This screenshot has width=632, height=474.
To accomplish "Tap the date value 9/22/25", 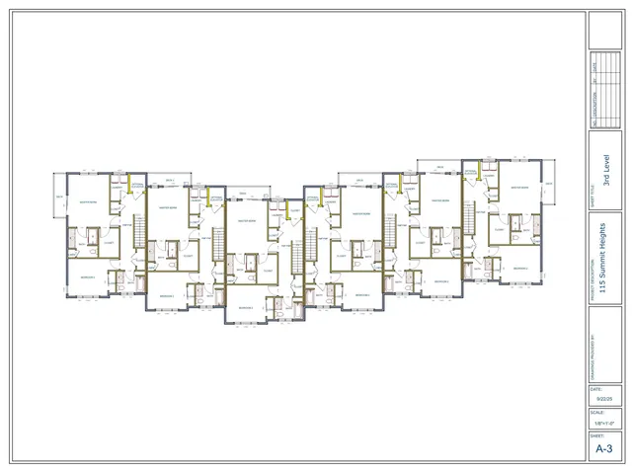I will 602,398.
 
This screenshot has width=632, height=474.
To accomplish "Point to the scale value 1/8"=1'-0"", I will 602,422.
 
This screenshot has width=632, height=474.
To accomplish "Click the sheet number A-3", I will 604,448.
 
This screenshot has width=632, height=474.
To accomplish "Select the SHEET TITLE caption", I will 592,198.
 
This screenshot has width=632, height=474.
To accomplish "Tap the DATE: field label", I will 595,389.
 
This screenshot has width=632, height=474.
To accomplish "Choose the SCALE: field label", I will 595,413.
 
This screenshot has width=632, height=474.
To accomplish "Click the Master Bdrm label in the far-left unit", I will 87,202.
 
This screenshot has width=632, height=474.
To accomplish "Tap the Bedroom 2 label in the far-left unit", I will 87,277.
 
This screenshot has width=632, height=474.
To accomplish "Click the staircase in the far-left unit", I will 138,237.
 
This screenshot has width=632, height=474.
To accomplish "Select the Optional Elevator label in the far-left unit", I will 137,186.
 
